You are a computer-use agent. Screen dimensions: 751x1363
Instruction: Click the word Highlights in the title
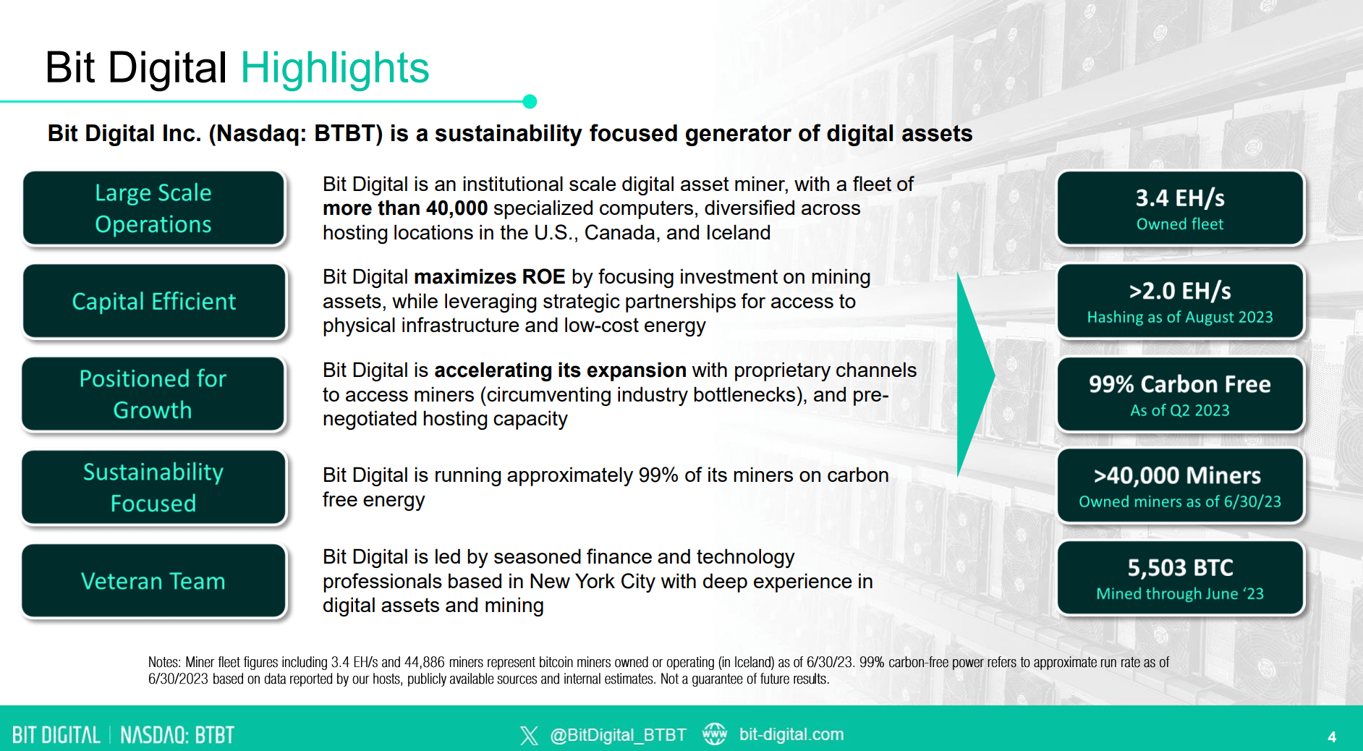334,68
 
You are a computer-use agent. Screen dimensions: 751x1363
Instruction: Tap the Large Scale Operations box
153,208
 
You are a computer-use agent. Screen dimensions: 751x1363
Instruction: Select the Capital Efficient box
153,301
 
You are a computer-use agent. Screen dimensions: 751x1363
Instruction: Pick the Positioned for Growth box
153,394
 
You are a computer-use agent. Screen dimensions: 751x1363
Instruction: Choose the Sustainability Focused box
153,487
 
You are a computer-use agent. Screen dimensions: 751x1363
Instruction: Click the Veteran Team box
153,581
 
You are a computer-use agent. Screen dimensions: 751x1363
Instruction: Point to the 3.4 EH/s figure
1179,198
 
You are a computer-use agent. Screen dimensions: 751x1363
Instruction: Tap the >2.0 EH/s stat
1179,291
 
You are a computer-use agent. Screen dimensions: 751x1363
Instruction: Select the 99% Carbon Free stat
1179,384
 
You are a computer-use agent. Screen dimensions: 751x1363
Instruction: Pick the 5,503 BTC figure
1179,568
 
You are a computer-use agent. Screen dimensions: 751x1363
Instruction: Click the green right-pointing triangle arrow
973,375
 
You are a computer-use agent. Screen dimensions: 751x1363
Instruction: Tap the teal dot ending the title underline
530,101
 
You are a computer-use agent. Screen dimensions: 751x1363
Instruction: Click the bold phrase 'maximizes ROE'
489,277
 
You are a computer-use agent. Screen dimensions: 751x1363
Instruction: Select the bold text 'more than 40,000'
405,208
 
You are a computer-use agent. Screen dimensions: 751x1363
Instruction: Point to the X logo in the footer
529,736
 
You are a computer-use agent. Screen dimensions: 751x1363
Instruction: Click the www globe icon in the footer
715,734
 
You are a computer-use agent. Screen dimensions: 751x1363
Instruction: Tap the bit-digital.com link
791,734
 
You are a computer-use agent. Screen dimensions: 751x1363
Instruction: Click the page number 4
1332,737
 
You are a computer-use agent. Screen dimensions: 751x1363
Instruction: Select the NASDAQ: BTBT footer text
177,736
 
